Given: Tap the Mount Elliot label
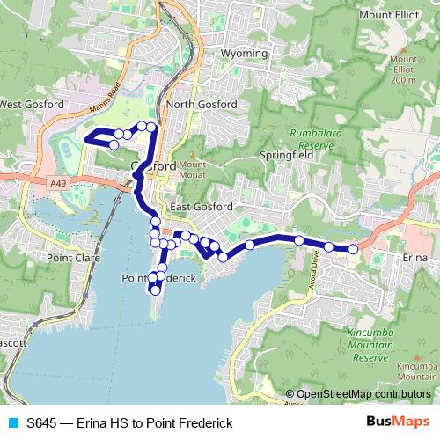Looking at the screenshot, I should tap(387, 15).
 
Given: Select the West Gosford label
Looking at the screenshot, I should tap(32, 105).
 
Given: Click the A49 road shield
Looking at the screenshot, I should tap(58, 182).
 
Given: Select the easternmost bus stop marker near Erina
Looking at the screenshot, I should tap(353, 249).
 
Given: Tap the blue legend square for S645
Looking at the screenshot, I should tap(10, 423).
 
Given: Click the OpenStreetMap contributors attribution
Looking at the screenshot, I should tap(363, 394).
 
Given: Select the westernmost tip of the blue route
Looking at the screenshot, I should tap(84, 138).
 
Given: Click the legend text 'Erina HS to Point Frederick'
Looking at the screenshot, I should tap(154, 423).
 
